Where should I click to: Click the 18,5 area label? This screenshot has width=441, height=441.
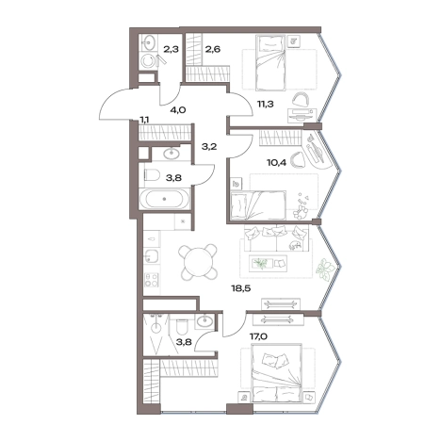pos(241,288)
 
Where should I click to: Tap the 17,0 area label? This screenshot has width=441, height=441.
pos(258,336)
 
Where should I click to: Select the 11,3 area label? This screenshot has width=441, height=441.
pos(266,104)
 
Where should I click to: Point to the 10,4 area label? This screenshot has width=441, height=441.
pos(276,163)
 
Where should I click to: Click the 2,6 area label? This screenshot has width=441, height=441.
pos(213,49)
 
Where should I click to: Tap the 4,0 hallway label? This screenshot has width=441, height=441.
pos(179,110)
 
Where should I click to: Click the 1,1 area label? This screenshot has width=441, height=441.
pos(145,120)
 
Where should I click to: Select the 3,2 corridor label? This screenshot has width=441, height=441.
pos(209,146)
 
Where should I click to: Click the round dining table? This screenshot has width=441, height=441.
pos(198,263)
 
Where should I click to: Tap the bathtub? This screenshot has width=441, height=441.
pos(164,199)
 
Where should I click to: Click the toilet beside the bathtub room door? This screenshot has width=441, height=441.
pos(152,174)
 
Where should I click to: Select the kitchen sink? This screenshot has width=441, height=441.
pos(152,255)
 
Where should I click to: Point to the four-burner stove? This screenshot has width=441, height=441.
pos(152,280)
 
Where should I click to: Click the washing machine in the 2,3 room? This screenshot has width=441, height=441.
pos(147,61)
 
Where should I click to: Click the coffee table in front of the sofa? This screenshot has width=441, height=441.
pos(268,263)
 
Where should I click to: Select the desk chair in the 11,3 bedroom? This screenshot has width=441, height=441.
pos(300,99)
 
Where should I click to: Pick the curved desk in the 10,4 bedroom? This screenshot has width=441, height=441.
pos(318,150)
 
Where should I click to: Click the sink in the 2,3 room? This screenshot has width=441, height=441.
pos(148,42)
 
